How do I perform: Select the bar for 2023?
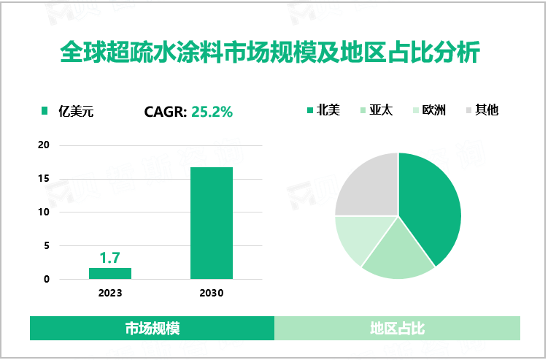coord(110,273)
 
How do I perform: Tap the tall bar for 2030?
coord(212,223)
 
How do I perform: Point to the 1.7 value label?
coord(109,257)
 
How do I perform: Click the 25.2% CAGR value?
coord(212,112)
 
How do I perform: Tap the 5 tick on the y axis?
coord(47,246)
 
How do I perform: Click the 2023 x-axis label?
coord(110,293)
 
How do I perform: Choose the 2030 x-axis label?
coord(212,293)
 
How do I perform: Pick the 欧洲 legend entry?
coord(433,110)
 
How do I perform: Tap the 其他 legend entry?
coord(487,110)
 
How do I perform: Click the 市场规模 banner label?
coord(152,329)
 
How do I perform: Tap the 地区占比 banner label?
coord(397,329)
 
